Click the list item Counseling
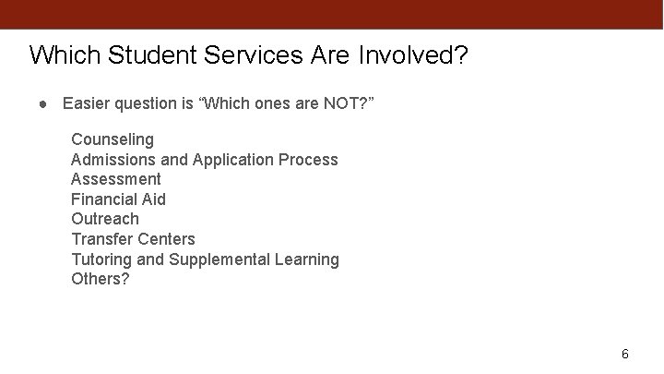113,139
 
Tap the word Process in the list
308,160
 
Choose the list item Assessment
116,179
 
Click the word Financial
105,199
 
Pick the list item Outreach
105,219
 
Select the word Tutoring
101,259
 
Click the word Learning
307,259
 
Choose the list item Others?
101,279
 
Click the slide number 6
625,355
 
